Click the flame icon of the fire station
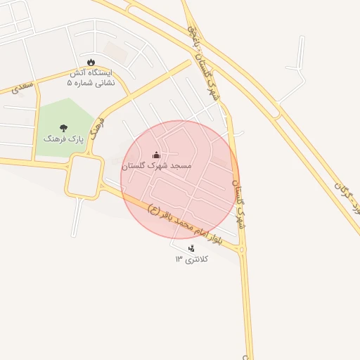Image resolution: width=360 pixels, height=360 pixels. [91, 61]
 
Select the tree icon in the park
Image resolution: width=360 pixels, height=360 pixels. [64, 128]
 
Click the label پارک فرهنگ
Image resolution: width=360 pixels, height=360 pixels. [63, 139]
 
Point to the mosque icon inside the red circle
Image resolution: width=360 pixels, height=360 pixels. [156, 155]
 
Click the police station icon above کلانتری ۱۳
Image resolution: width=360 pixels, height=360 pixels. [191, 248]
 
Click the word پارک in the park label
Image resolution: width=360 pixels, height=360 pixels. [75, 139]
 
